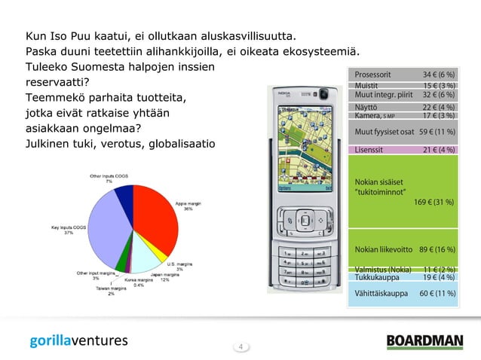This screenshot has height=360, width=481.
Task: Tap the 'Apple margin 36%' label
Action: pyautogui.click(x=188, y=206)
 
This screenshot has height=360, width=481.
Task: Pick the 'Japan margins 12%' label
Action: pyautogui.click(x=164, y=277)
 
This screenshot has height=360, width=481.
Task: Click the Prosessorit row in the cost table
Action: pyautogui.click(x=403, y=76)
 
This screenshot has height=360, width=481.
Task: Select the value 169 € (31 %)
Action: pyautogui.click(x=434, y=202)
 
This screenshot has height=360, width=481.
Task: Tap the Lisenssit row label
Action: pyautogui.click(x=369, y=149)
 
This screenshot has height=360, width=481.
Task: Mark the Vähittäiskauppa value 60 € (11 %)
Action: pyautogui.click(x=437, y=293)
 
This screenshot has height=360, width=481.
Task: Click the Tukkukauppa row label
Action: pyautogui.click(x=377, y=277)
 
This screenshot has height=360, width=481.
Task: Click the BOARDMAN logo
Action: pyautogui.click(x=424, y=341)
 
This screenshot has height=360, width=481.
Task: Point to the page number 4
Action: pyautogui.click(x=240, y=346)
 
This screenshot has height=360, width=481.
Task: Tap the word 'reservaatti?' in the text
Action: pyautogui.click(x=58, y=82)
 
